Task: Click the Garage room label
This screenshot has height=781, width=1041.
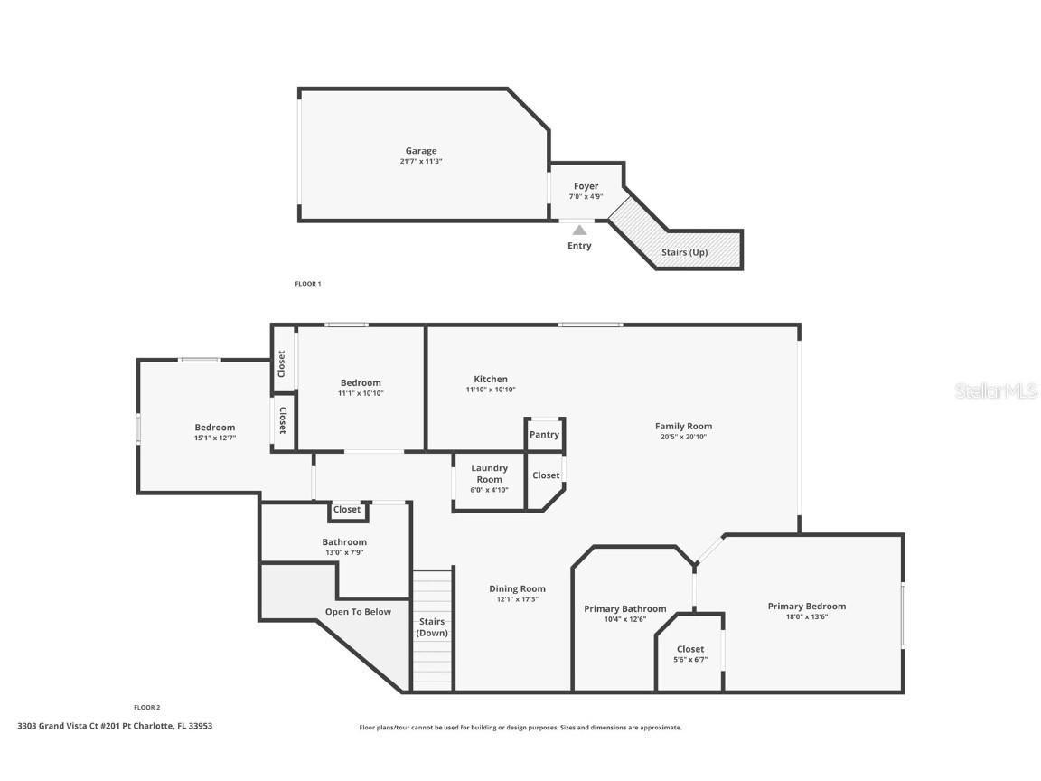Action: coord(420,151)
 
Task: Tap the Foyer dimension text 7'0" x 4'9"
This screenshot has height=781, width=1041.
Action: coord(586,196)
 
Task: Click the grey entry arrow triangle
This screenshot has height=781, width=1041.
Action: coord(579,230)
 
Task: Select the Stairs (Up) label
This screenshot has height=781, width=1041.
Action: coord(684,252)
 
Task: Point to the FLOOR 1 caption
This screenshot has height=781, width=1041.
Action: coord(307,284)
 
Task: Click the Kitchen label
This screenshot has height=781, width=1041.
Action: coord(491,379)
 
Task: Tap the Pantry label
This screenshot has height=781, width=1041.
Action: coord(544,434)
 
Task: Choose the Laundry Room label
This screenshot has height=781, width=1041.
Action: coord(489,474)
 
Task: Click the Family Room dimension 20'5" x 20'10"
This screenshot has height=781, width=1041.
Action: coord(683,437)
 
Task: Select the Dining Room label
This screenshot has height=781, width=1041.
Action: coord(517,588)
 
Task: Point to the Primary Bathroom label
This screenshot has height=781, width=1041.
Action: coord(624,608)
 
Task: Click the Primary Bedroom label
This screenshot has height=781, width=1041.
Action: coord(806,606)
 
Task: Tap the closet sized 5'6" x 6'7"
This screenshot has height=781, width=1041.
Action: coord(690,654)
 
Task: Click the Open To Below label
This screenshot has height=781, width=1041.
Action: coord(358,612)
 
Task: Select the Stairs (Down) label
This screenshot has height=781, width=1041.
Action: coord(432,627)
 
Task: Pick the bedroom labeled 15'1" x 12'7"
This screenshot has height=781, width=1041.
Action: coord(214,432)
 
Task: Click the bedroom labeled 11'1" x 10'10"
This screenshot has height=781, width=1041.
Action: coord(361,388)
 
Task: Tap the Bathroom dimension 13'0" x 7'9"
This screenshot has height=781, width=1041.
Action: coord(344,552)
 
